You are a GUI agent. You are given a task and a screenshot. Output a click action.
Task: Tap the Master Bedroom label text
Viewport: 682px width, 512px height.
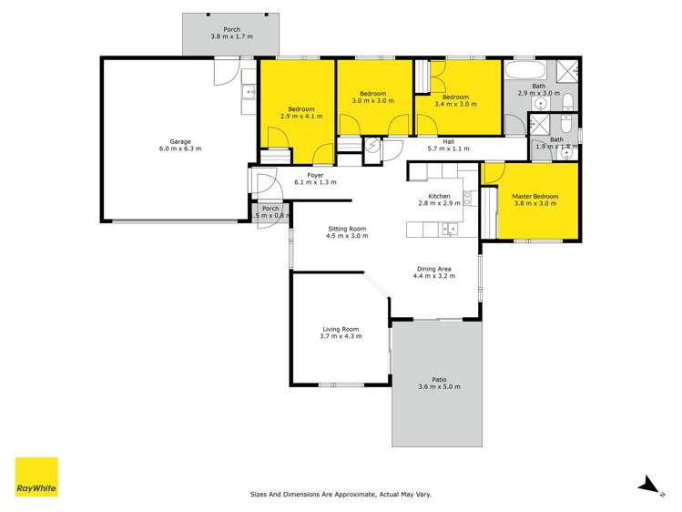pos(534,197)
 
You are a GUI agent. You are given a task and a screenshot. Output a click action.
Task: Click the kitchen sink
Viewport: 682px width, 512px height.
pos(448,229)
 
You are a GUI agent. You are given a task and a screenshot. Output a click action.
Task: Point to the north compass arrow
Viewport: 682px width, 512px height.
pos(647,485)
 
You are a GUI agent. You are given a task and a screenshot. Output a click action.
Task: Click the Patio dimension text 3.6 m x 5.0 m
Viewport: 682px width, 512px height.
pos(439,387)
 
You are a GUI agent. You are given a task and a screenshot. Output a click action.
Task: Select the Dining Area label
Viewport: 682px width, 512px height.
pos(433,269)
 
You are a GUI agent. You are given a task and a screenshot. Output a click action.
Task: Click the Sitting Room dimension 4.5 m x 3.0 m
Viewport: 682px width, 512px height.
pos(346,237)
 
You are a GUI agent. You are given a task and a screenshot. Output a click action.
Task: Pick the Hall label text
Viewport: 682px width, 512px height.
pos(448,141)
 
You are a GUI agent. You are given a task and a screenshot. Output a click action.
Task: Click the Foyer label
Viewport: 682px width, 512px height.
pos(315,176)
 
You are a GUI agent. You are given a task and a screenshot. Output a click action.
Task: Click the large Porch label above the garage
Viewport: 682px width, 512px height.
pos(231,29)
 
